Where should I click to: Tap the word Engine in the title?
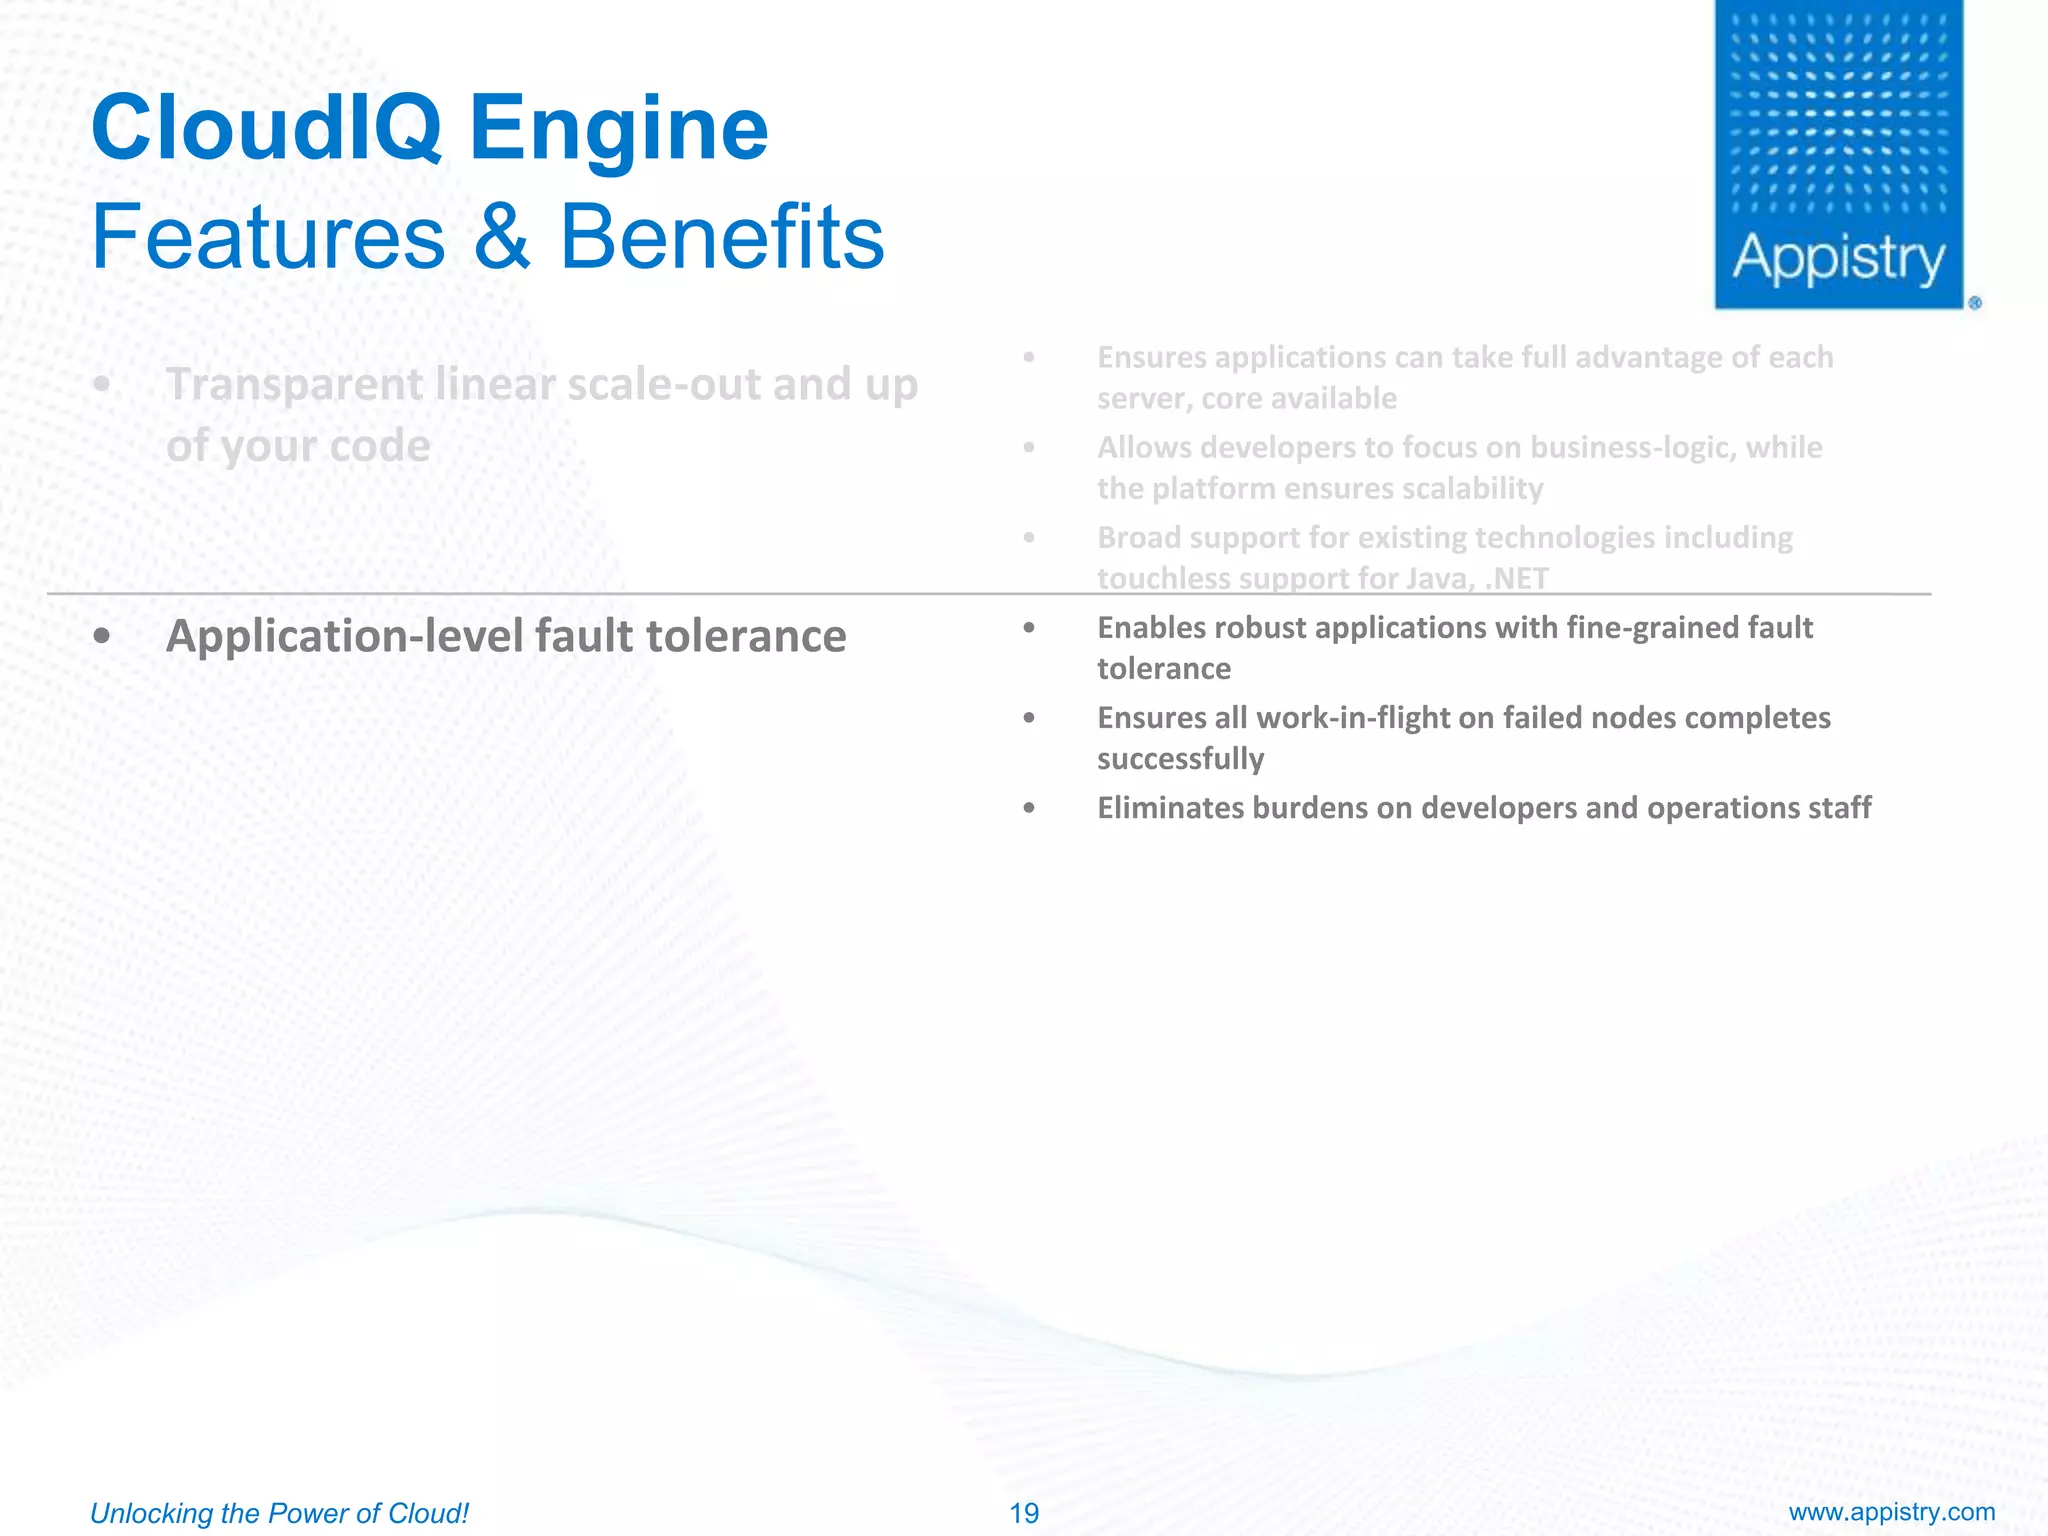pyautogui.click(x=619, y=130)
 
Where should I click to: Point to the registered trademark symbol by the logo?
pyautogui.click(x=1975, y=303)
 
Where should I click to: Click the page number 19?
pyautogui.click(x=1024, y=1513)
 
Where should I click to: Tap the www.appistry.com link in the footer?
pyautogui.click(x=1892, y=1512)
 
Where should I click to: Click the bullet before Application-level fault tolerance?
pyautogui.click(x=101, y=637)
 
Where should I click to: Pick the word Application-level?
pyautogui.click(x=345, y=637)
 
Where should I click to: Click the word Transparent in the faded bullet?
pyautogui.click(x=294, y=385)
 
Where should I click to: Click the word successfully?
pyautogui.click(x=1180, y=759)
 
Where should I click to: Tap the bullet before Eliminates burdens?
pyautogui.click(x=1029, y=808)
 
